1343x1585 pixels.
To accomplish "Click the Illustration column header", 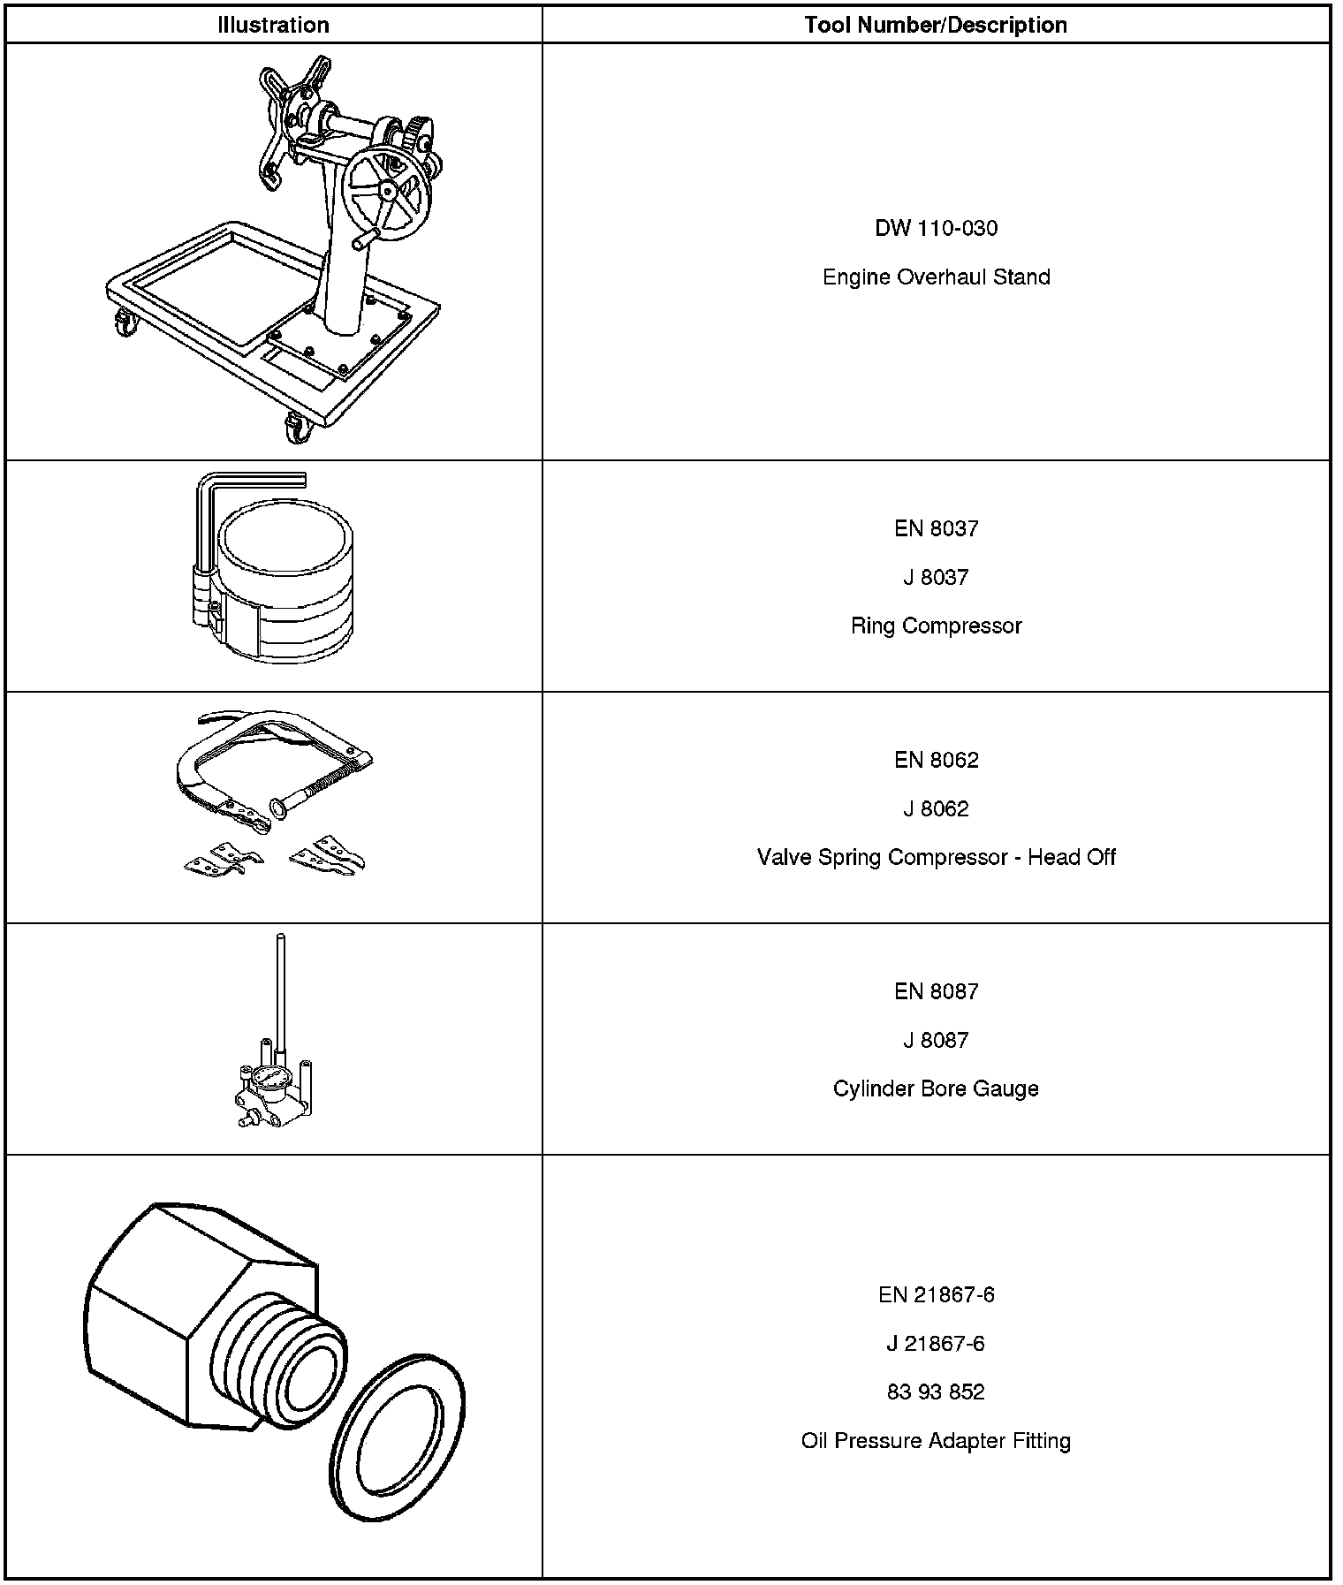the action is coord(273,25).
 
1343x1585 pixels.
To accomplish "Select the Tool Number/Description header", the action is coord(936,25).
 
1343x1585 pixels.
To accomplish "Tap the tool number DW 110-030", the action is coord(936,229).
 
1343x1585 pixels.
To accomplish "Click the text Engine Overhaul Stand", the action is coord(936,277).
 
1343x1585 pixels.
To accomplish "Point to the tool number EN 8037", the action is coord(936,529).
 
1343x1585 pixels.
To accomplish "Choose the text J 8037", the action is coord(936,578).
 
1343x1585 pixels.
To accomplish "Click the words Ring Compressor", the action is coord(936,626).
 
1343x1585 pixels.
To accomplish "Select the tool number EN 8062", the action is coord(936,761).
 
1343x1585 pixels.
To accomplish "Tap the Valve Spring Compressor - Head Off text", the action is coord(936,858).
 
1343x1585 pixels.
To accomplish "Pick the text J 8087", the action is coord(936,1041).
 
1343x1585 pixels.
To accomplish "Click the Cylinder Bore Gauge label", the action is coord(936,1089).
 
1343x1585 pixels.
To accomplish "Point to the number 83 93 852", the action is coord(936,1392).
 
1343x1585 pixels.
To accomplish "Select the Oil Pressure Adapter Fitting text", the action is coord(936,1441).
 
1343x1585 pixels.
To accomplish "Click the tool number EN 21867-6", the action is coord(936,1295).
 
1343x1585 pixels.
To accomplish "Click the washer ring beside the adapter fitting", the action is coord(402,1435).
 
